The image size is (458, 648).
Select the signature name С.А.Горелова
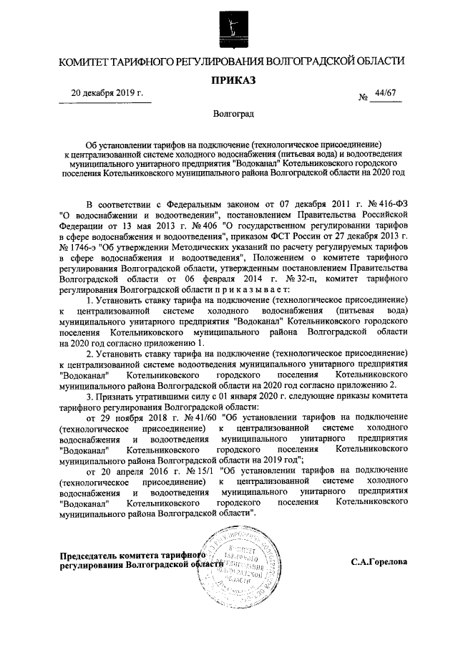379,562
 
